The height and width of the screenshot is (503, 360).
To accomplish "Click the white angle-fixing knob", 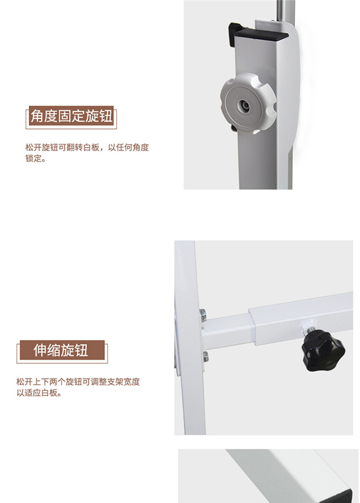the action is pos(248,103).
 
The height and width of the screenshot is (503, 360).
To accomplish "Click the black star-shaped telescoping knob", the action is pos(323,351).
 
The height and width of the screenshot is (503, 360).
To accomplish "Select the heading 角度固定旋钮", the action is pos(72,116).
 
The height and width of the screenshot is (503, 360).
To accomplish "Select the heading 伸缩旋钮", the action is pos(61,350).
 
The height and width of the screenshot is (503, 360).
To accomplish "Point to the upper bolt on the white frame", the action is pos(203,316).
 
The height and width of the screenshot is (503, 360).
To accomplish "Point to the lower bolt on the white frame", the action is pos(205,357).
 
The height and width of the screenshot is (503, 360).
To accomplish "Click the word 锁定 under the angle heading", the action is pos(34,159).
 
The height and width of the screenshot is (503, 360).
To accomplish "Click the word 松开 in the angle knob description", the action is pos(34,147).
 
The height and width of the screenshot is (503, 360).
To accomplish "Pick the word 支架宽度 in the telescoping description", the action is pos(123,382).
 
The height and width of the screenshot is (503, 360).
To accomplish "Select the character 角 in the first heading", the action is pos(37,116).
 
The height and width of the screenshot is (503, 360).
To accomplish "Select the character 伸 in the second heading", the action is pos(40,350).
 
